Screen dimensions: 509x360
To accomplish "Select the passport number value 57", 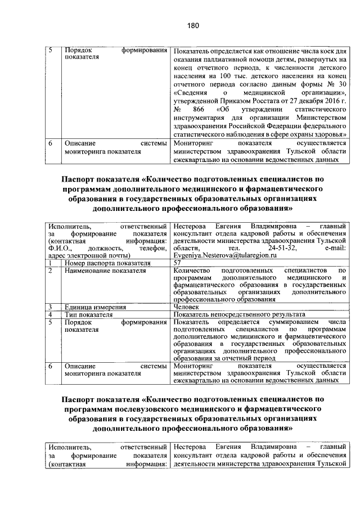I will tap(178, 262).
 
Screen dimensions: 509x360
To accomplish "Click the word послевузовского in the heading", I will tap(160, 409).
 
